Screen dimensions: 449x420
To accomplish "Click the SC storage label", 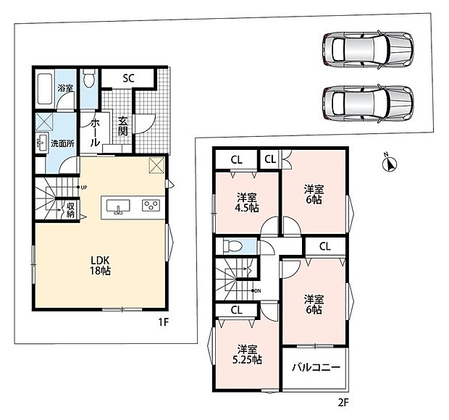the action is click(x=129, y=78).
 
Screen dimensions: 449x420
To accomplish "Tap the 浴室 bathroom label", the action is click(x=65, y=88).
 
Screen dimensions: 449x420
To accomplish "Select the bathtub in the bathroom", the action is click(x=45, y=89).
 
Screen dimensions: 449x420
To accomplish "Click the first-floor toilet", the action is click(x=89, y=79).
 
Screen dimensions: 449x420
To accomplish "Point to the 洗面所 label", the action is click(x=62, y=143).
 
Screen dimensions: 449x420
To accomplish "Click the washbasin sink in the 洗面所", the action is click(x=43, y=143).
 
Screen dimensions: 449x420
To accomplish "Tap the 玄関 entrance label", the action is click(x=123, y=126).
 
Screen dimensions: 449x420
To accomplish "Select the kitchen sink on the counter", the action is click(x=118, y=206).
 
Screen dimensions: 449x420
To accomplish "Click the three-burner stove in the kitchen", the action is click(x=151, y=206).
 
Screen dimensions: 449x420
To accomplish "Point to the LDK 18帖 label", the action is click(x=100, y=266).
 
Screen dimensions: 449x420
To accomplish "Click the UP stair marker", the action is click(x=82, y=188).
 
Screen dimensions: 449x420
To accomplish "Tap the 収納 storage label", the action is click(x=70, y=210).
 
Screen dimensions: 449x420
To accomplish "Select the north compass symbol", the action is click(x=389, y=164).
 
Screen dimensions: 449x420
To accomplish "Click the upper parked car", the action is click(x=368, y=49).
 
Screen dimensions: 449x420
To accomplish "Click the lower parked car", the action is click(x=368, y=104).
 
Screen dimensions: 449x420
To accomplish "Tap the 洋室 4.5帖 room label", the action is click(x=246, y=203).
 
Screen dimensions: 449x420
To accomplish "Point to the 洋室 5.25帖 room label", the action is click(x=247, y=354).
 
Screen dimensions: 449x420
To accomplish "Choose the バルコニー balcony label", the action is click(x=316, y=367).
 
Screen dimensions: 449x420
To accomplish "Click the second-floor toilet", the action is click(x=233, y=246).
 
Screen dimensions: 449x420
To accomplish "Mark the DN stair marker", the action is click(x=256, y=291).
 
